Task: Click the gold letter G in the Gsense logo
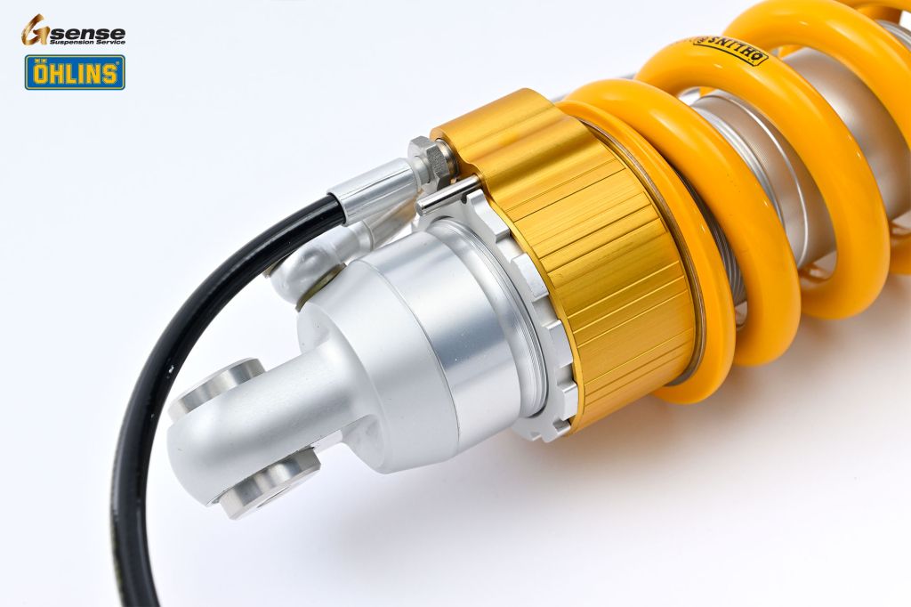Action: (x=35, y=29)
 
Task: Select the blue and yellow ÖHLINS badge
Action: (x=75, y=72)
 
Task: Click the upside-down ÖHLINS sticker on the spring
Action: (x=728, y=48)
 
